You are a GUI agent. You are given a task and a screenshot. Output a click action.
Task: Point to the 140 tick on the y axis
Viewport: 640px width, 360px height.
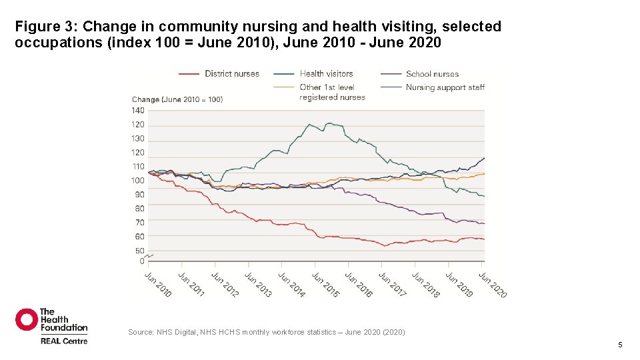[138, 111]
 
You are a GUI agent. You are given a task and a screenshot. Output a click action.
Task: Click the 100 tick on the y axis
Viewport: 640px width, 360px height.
[138, 181]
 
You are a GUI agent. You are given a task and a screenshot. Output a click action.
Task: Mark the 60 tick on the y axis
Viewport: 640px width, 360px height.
[139, 237]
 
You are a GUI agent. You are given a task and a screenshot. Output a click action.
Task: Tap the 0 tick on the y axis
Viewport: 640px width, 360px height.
[142, 261]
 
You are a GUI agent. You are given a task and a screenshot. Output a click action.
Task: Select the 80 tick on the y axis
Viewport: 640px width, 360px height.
[139, 209]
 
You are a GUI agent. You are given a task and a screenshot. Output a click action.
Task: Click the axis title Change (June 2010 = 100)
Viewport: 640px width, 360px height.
[177, 100]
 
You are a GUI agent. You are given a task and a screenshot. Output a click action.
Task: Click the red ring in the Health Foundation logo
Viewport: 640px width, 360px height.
[27, 319]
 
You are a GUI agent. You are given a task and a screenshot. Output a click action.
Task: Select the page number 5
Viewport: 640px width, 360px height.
[620, 345]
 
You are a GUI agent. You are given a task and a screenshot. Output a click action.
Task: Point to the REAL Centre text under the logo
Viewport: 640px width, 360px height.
[64, 341]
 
